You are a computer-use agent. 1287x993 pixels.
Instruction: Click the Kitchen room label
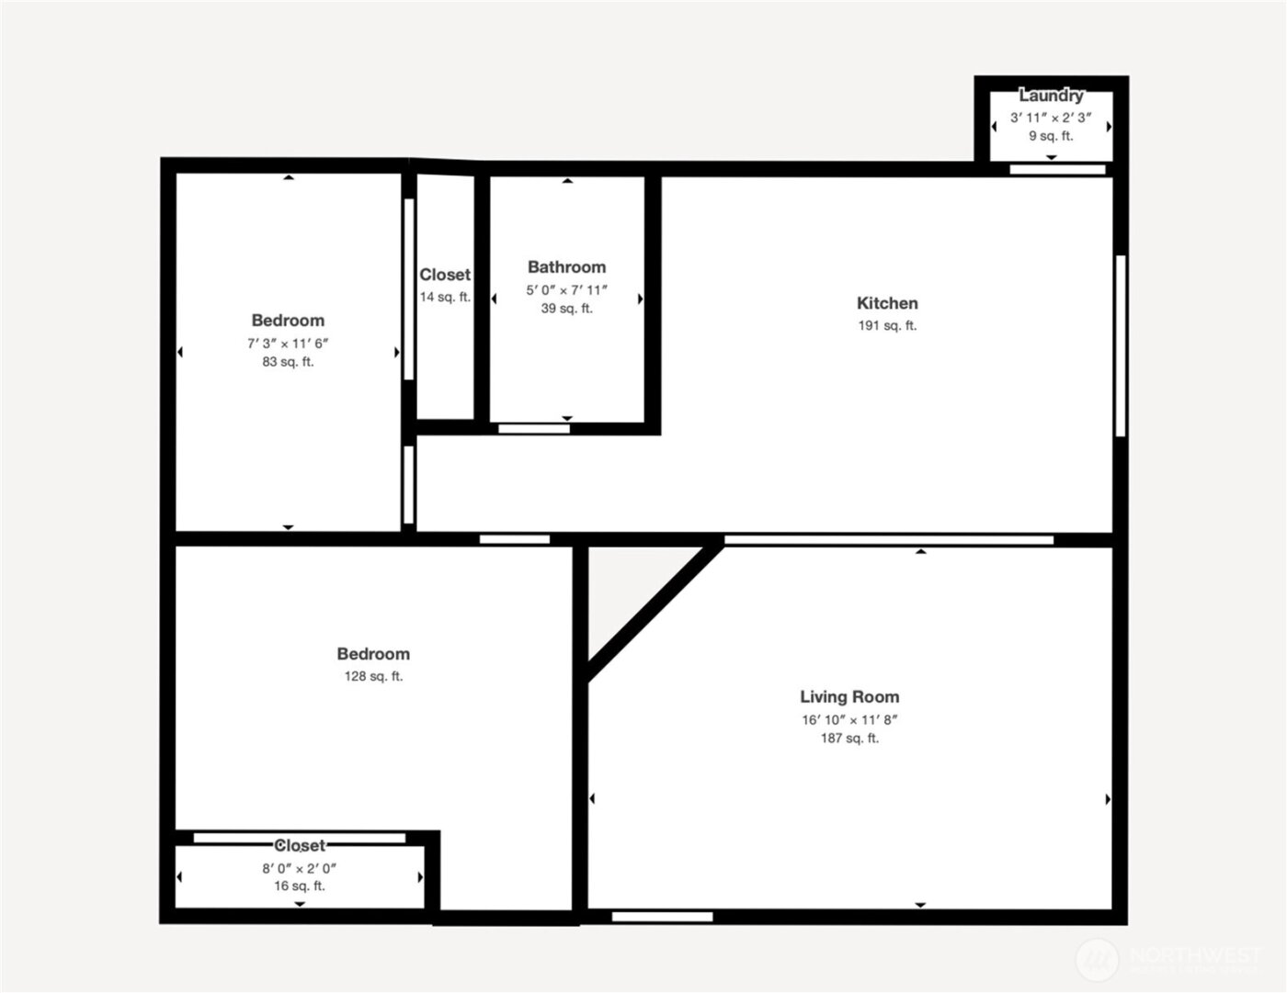887,303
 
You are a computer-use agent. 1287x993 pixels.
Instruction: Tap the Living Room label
849,697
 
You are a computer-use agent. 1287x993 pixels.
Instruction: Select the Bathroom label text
566,267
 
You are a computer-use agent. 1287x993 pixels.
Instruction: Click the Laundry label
1051,96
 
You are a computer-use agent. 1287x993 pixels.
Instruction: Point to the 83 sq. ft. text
288,362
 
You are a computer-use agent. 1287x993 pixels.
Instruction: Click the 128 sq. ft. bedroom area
373,676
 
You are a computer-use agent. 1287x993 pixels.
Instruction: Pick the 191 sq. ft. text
887,325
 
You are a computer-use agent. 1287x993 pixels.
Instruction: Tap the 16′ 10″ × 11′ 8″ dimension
849,720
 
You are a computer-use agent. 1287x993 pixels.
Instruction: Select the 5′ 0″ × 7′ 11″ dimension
566,290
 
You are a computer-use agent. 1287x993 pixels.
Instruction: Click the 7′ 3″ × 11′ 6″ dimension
288,344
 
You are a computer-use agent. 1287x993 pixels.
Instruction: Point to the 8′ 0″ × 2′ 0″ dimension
300,868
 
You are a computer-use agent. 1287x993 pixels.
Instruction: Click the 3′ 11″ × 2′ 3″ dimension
1051,118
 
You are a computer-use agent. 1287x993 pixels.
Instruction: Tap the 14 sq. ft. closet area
445,297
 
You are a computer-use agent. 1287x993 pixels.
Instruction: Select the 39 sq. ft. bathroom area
566,309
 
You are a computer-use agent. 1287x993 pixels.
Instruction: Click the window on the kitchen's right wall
1121,345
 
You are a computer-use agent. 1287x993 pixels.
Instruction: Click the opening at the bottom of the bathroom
534,428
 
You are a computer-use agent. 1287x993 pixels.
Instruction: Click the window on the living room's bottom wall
662,917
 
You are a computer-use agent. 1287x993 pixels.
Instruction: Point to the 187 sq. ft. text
849,739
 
